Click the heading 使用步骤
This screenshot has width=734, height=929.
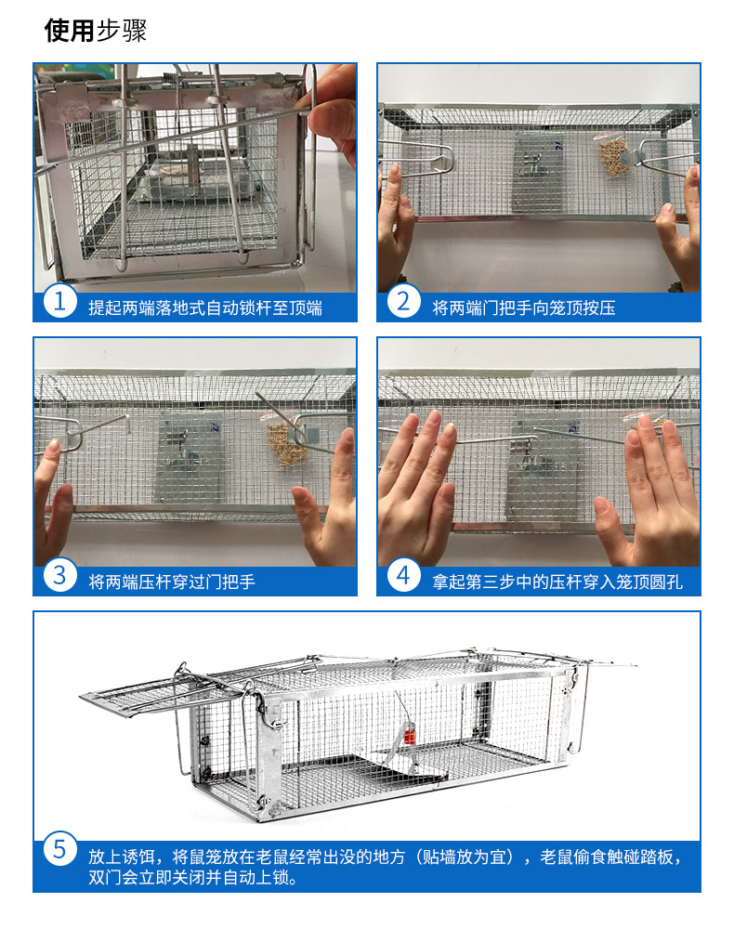click(96, 31)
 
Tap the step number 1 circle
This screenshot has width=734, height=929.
click(59, 301)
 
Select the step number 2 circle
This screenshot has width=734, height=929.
click(404, 301)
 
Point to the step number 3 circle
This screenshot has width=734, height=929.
click(59, 575)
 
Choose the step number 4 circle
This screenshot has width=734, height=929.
click(404, 575)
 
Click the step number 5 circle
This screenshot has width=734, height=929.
click(59, 848)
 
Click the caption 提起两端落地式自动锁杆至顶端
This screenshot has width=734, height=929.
click(205, 308)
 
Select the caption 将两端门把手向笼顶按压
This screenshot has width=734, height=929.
click(524, 308)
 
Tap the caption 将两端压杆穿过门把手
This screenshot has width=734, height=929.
click(172, 582)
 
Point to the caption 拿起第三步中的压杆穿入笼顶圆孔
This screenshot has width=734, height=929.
click(557, 582)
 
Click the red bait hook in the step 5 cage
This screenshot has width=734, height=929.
click(409, 738)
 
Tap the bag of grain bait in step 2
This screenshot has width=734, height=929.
click(614, 155)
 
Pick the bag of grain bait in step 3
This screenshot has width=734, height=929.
click(285, 441)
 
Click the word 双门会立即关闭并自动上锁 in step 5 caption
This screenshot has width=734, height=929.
click(192, 877)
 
